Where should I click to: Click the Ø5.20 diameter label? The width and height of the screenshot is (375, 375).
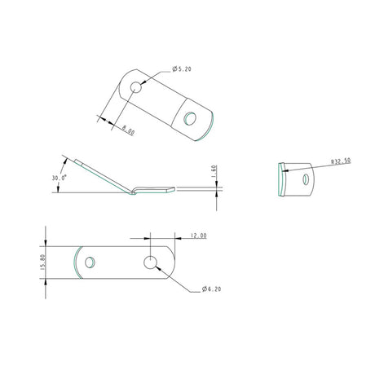click(x=183, y=69)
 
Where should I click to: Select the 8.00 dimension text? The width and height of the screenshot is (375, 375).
click(x=127, y=129)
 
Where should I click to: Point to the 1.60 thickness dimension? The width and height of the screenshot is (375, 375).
click(x=214, y=174)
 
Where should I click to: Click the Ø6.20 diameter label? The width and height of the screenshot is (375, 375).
click(x=210, y=289)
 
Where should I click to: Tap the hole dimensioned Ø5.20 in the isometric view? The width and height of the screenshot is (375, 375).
click(x=135, y=86)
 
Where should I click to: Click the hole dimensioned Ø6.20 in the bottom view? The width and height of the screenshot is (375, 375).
click(x=151, y=262)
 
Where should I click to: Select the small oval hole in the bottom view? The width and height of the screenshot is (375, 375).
click(x=91, y=262)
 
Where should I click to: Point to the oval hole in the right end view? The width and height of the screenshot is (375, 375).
click(x=306, y=179)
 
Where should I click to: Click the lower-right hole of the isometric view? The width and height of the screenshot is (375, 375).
click(x=189, y=119)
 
